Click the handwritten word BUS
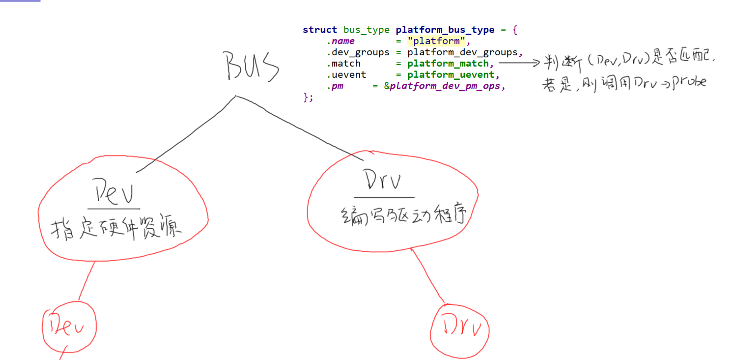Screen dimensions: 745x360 click(x=251, y=66)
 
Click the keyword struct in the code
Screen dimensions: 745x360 click(x=320, y=30)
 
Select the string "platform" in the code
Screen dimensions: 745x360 click(x=436, y=41)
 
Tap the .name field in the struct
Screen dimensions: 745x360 click(x=341, y=41)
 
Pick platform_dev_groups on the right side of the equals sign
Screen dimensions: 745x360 click(x=462, y=52)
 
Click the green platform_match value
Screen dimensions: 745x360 click(x=448, y=64)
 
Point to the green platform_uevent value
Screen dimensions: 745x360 click(x=450, y=75)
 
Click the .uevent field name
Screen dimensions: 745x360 click(x=347, y=75)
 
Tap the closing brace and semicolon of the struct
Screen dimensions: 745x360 click(x=308, y=97)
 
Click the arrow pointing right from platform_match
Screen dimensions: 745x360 click(x=519, y=63)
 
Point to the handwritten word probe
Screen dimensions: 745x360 click(x=689, y=82)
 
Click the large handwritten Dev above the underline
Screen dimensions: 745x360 click(x=114, y=192)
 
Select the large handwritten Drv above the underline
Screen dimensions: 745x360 click(x=382, y=180)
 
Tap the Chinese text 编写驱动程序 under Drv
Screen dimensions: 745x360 click(x=404, y=214)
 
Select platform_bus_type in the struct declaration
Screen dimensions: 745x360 click(x=445, y=30)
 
